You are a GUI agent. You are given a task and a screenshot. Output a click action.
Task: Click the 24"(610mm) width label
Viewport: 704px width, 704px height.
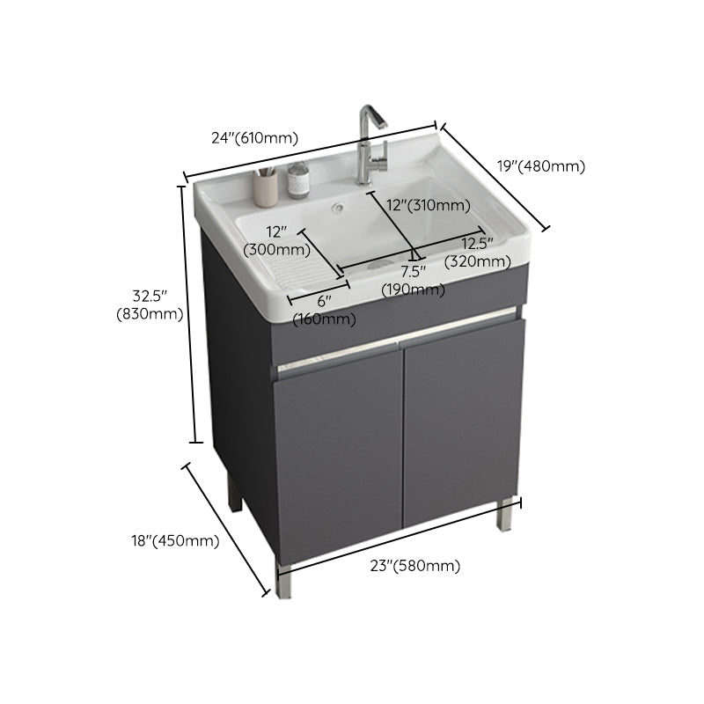pos(254,138)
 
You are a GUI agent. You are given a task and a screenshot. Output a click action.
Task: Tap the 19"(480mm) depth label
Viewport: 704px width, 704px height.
pos(540,165)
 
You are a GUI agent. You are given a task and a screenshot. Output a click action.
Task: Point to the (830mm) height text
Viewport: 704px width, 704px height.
pos(149,313)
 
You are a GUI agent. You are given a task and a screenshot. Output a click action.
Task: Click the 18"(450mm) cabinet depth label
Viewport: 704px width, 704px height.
pos(173,541)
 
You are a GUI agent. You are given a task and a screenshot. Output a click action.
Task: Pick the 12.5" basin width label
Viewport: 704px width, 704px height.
pos(477,244)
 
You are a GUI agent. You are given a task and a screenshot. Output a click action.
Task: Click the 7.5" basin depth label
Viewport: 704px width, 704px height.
pos(413,272)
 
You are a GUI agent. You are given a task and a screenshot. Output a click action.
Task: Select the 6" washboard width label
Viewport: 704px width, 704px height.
pos(325,301)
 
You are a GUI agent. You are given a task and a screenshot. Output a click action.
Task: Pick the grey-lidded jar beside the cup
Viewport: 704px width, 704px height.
pos(297,182)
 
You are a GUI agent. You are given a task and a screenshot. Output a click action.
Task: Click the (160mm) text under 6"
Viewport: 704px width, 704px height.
pos(325,319)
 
